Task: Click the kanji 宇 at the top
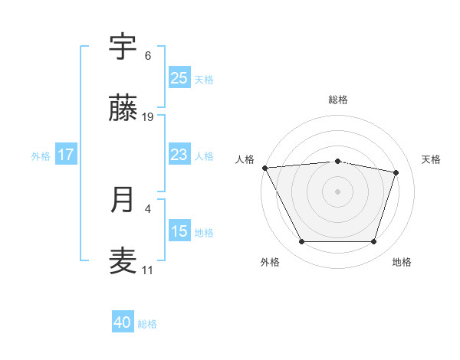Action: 123,47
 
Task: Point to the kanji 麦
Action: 123,261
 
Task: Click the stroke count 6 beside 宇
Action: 148,56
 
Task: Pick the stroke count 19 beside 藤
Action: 148,117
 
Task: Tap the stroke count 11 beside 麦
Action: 148,270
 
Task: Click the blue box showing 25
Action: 179,77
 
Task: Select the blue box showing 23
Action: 179,155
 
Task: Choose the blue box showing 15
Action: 179,231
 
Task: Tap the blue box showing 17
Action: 66,155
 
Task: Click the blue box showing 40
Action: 123,322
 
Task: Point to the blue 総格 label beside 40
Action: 147,324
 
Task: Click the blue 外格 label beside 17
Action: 41,156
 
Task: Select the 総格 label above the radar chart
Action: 338,100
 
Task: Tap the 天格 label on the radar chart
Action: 431,159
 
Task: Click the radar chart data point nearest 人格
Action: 264,168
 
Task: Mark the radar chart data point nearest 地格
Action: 373,242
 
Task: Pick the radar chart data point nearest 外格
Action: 301,242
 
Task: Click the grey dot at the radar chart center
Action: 337,191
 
